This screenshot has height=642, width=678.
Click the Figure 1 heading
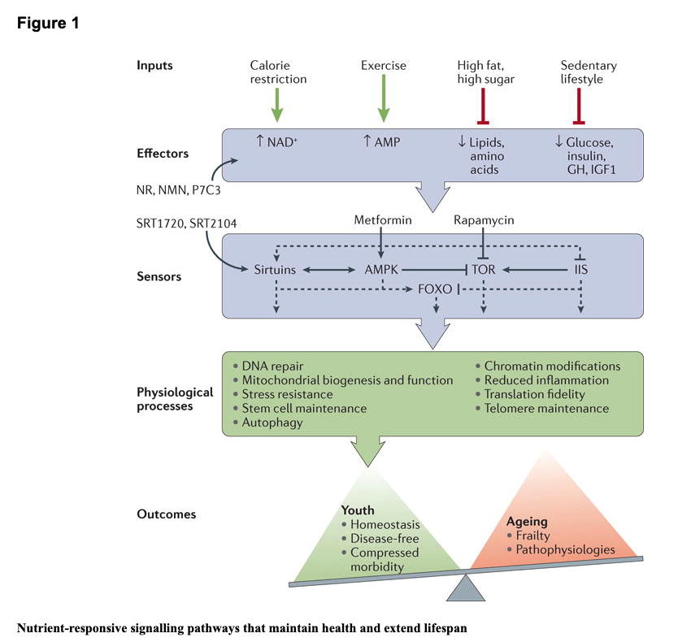(x=48, y=23)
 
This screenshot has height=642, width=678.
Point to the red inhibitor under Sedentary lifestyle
(x=579, y=105)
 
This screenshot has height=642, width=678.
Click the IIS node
(x=580, y=267)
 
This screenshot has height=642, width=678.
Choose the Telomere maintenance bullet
(x=546, y=408)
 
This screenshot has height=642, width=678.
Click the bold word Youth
(x=358, y=511)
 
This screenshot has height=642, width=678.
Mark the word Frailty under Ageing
(x=534, y=536)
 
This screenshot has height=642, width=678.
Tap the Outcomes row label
(x=166, y=514)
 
